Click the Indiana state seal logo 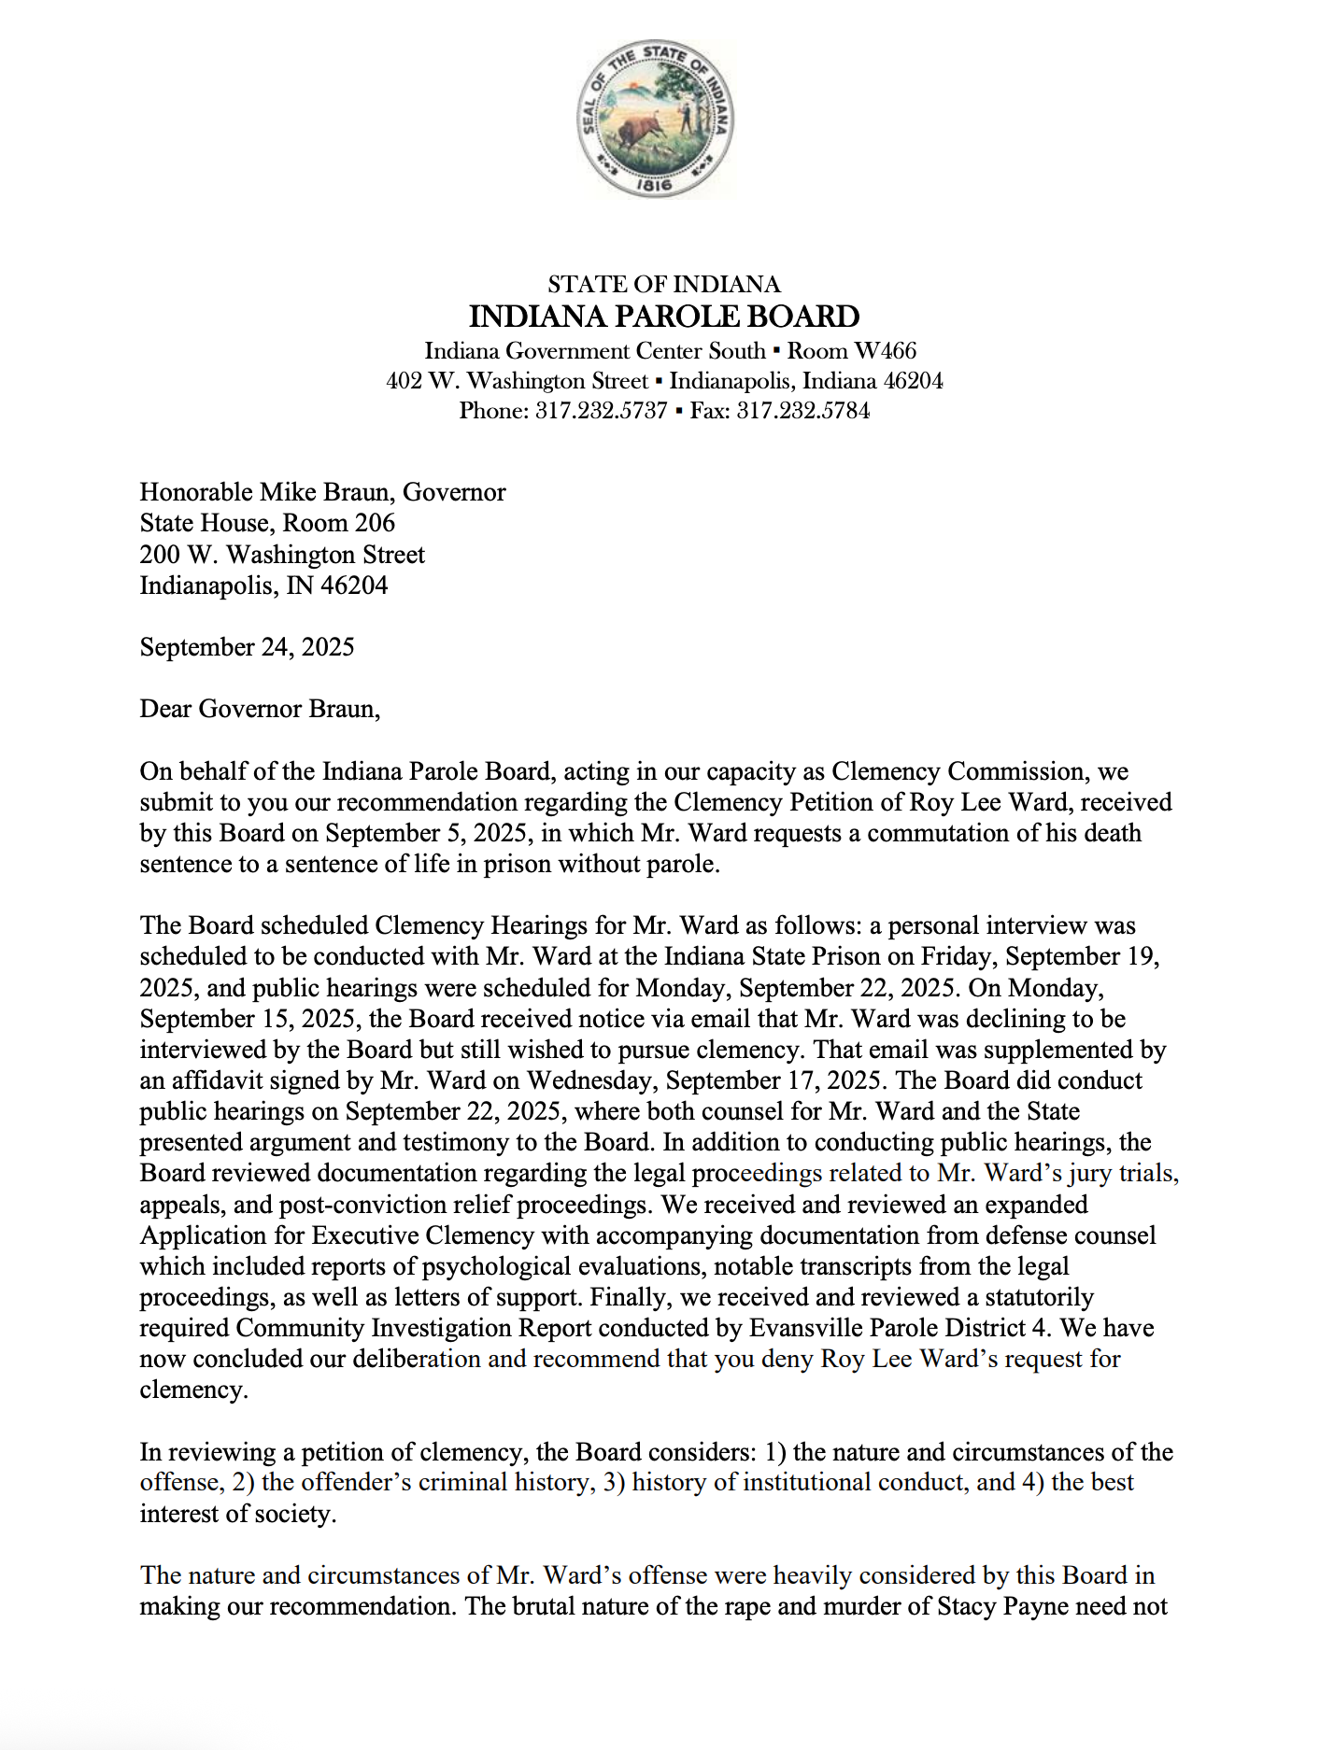(x=655, y=119)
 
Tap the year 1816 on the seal (x=654, y=185)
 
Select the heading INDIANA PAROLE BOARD (x=664, y=317)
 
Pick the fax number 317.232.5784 (x=803, y=411)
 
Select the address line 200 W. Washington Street (x=282, y=555)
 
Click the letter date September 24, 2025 (x=247, y=647)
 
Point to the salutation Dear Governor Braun (x=260, y=709)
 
